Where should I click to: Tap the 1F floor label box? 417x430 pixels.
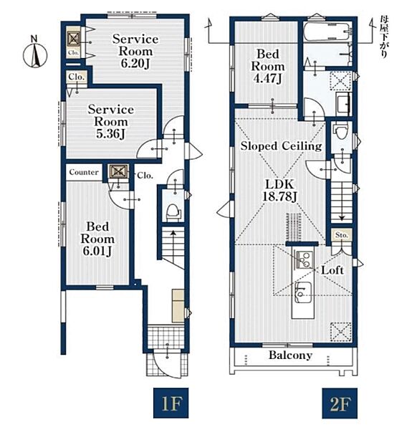(171, 403)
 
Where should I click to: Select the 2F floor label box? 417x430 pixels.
(340, 403)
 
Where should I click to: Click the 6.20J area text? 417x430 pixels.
(135, 64)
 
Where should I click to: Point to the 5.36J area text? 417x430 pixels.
(110, 134)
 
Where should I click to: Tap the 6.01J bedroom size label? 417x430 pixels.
(97, 251)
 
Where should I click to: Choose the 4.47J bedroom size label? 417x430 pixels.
(267, 79)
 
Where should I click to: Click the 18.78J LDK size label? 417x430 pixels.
(279, 196)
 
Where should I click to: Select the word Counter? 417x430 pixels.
(84, 172)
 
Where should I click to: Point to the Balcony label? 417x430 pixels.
(290, 355)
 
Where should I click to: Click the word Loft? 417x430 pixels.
(332, 270)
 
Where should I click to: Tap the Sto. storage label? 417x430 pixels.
(342, 235)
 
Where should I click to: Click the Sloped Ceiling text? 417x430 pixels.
(281, 146)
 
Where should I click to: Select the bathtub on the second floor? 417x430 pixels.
(327, 32)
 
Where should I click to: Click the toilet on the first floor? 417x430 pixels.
(173, 211)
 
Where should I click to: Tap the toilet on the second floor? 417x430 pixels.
(341, 132)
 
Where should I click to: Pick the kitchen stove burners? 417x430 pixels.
(305, 259)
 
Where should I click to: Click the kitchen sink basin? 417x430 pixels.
(302, 292)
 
